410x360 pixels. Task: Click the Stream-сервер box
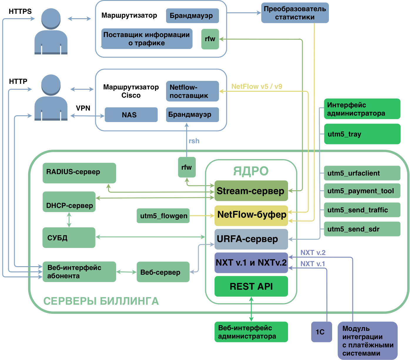pos(251,191)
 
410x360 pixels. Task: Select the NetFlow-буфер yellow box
pos(251,216)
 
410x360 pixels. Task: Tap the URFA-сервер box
pos(251,239)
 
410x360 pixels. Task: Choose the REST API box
pos(251,286)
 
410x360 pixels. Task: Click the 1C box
pos(321,332)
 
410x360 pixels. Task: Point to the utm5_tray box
pos(362,134)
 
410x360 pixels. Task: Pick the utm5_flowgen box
pos(163,216)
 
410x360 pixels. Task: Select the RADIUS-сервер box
pos(79,173)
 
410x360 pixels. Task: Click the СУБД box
pos(69,237)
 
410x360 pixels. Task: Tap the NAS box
pos(131,115)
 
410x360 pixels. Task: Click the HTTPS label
pos(20,11)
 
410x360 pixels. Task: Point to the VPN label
pos(83,108)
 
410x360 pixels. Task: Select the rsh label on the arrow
pos(194,141)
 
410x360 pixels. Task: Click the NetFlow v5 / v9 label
pos(257,86)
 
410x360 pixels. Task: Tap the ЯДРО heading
pos(251,171)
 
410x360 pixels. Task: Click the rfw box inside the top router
pos(210,39)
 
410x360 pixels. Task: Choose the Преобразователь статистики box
pos(295,13)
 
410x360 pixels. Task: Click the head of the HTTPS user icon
pos(51,19)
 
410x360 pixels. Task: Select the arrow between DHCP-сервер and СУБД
pos(69,220)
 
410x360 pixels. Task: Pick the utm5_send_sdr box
pos(362,229)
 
